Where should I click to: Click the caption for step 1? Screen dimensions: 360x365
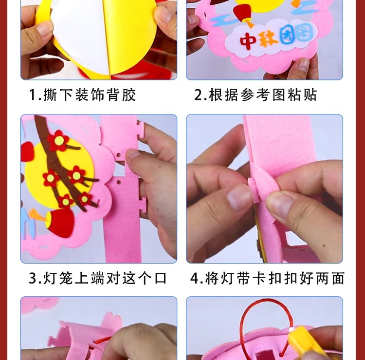coord(82,95)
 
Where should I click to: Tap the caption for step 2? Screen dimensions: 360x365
coord(255,95)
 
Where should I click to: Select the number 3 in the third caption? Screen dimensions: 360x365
coord(33,279)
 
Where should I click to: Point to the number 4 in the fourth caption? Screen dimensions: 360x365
coord(195,279)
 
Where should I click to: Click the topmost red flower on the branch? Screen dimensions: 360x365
coord(58,140)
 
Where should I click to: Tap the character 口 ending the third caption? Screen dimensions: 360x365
coord(160,279)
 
